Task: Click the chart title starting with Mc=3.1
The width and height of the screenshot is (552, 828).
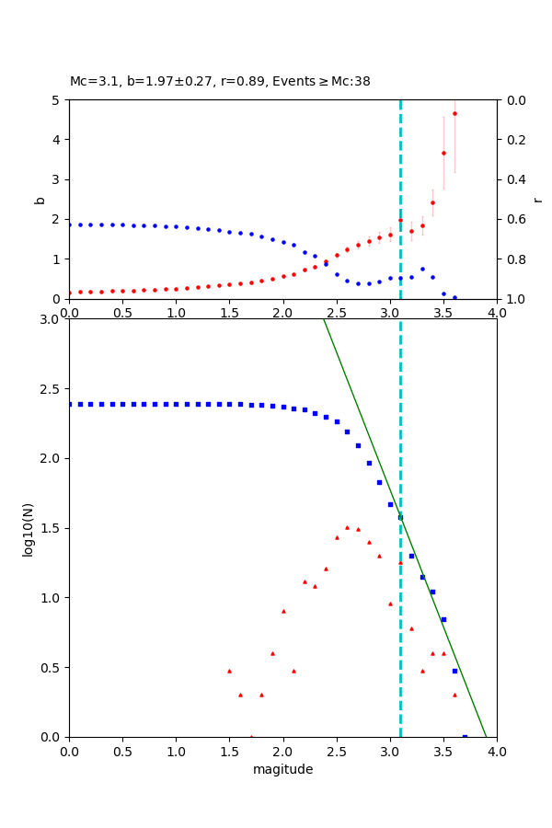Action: [x=220, y=81]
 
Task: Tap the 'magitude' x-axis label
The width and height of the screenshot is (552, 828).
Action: [x=282, y=769]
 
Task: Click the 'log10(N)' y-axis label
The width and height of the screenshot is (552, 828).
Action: [x=28, y=528]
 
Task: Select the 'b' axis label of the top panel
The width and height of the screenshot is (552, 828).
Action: [x=40, y=199]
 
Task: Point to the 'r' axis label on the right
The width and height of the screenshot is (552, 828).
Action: [x=537, y=199]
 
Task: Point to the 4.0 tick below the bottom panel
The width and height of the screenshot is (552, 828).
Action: [x=497, y=750]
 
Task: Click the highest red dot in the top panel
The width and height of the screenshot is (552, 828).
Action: [x=454, y=113]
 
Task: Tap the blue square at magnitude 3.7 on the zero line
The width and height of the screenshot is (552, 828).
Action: [x=465, y=736]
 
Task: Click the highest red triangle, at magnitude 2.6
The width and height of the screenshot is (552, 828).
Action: [x=347, y=527]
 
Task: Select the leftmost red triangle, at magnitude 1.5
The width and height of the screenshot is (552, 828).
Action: [x=229, y=671]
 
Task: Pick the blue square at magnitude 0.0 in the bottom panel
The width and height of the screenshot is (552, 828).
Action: [x=70, y=404]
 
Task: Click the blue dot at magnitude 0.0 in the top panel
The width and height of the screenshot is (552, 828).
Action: [x=70, y=224]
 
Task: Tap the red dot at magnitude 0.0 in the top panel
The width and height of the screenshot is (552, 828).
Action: [x=70, y=293]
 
